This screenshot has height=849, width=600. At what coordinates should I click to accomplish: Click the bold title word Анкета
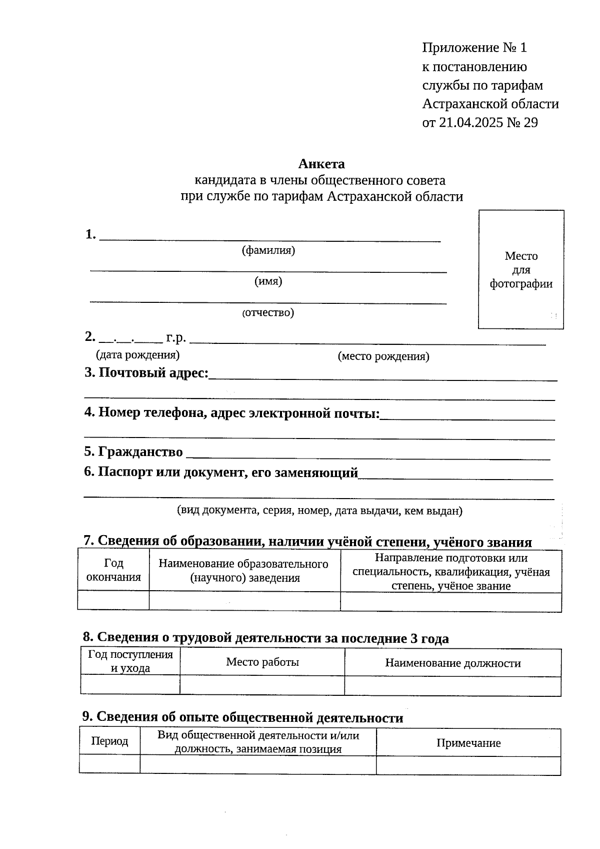[x=321, y=164]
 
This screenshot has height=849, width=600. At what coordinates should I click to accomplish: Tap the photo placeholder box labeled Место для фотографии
[x=521, y=269]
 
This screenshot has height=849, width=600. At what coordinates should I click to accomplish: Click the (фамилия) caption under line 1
[x=268, y=250]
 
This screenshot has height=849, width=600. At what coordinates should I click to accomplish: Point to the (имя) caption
[x=268, y=281]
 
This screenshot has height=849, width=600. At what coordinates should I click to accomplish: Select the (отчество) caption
[x=268, y=313]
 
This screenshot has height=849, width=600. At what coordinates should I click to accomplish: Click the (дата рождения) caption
[x=137, y=355]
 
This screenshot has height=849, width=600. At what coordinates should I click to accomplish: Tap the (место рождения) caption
[x=383, y=356]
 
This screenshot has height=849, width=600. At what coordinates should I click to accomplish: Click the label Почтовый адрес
[x=153, y=373]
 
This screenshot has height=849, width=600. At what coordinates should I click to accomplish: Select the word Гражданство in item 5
[x=140, y=452]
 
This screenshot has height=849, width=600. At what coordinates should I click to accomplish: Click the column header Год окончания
[x=113, y=570]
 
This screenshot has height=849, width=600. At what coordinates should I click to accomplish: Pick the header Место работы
[x=262, y=662]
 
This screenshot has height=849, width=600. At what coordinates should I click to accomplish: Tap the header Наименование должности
[x=452, y=663]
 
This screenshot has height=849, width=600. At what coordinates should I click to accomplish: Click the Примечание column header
[x=468, y=743]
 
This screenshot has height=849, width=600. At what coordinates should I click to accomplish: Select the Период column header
[x=109, y=741]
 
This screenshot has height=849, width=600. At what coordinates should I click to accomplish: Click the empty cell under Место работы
[x=262, y=685]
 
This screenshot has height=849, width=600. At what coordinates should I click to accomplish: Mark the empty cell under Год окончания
[x=113, y=600]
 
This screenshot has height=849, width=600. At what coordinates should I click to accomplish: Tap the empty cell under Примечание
[x=468, y=765]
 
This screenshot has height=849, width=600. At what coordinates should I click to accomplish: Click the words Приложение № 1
[x=474, y=48]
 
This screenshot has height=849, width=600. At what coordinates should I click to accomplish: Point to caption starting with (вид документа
[x=319, y=511]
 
